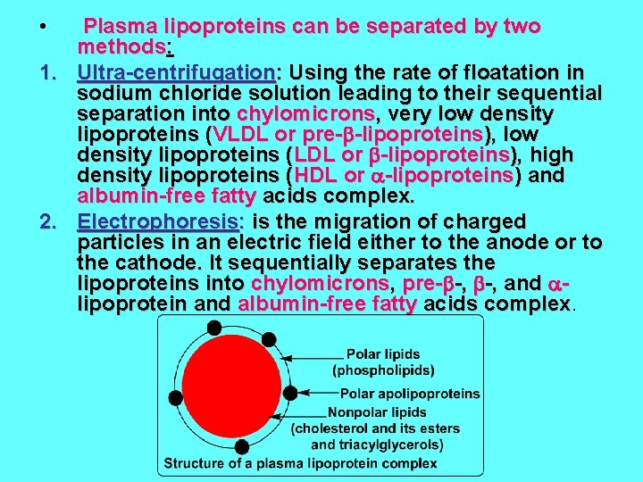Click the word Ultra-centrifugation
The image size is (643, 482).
(175, 71)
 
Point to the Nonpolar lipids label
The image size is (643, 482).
(377, 412)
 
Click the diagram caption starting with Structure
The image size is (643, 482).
(300, 463)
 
